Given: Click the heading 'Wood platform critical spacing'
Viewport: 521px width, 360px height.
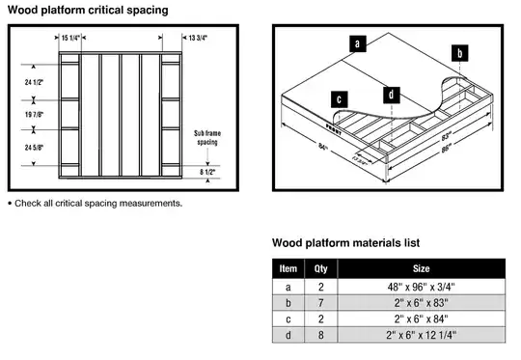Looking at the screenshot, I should click(x=88, y=10).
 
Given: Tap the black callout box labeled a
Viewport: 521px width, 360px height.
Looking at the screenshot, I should click(x=358, y=43).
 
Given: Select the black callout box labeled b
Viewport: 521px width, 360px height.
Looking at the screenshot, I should click(x=460, y=52).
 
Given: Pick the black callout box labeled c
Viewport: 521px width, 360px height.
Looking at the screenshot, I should click(x=340, y=97).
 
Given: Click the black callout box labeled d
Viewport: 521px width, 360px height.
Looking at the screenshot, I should click(x=391, y=94).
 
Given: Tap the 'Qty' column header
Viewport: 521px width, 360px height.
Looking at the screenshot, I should click(x=322, y=269).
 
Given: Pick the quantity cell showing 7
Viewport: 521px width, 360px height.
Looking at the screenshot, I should click(x=322, y=303).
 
